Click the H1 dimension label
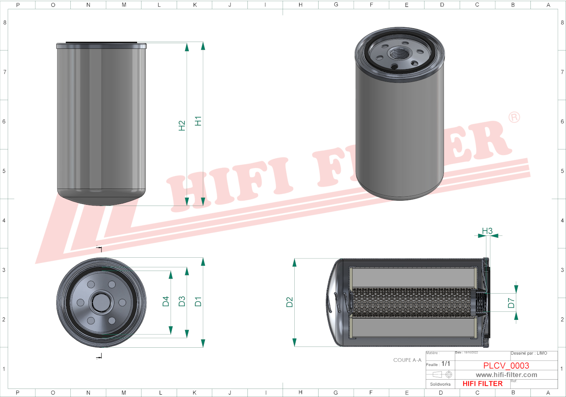tap(198, 121)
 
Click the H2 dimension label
tap(182, 126)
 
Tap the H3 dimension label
tap(487, 231)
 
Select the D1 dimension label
tap(198, 301)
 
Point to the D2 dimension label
tap(289, 302)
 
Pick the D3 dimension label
tap(182, 301)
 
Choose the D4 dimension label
tap(166, 301)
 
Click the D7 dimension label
tap(511, 303)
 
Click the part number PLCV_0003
tap(506, 365)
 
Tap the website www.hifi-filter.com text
tap(506, 375)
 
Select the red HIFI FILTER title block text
tap(482, 384)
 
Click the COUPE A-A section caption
tap(407, 360)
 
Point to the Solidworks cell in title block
tap(440, 384)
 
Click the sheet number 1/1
tap(446, 364)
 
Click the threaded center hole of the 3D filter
tap(399, 53)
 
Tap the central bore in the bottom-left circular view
tap(101, 302)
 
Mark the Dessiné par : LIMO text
tap(529, 353)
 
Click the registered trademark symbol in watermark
tap(514, 118)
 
